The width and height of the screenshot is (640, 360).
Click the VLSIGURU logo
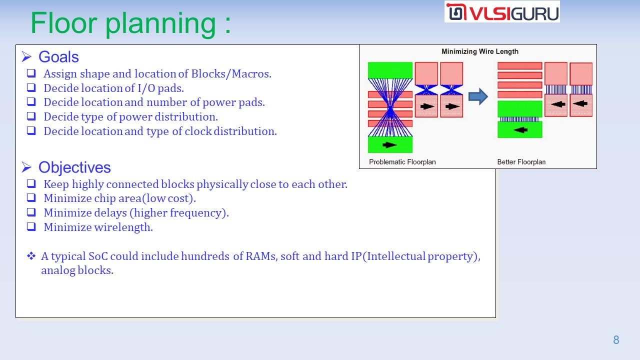pyautogui.click(x=502, y=11)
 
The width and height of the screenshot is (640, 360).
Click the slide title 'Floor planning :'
pyautogui.click(x=130, y=23)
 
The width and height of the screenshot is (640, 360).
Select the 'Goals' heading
pyautogui.click(x=58, y=56)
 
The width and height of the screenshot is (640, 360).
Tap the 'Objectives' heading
pyautogui.click(x=74, y=167)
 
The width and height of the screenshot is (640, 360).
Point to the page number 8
pyautogui.click(x=616, y=339)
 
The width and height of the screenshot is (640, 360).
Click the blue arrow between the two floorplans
pyautogui.click(x=478, y=96)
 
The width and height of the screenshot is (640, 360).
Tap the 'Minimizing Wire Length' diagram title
pyautogui.click(x=479, y=51)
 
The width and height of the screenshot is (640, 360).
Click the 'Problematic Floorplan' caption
pyautogui.click(x=402, y=162)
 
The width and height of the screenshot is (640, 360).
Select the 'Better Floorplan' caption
pyautogui.click(x=521, y=162)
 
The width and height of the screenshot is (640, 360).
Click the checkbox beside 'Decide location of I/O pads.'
pyautogui.click(x=31, y=87)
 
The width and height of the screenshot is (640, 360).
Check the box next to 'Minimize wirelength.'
pyautogui.click(x=31, y=226)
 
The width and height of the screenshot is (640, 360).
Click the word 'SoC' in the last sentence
pyautogui.click(x=98, y=256)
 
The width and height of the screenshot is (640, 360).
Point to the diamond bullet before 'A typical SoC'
pyautogui.click(x=31, y=255)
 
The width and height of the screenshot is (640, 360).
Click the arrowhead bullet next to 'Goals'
pyautogui.click(x=26, y=56)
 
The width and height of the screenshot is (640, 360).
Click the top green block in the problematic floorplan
pyautogui.click(x=390, y=70)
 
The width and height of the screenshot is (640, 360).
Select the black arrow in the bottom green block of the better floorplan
pyautogui.click(x=520, y=130)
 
